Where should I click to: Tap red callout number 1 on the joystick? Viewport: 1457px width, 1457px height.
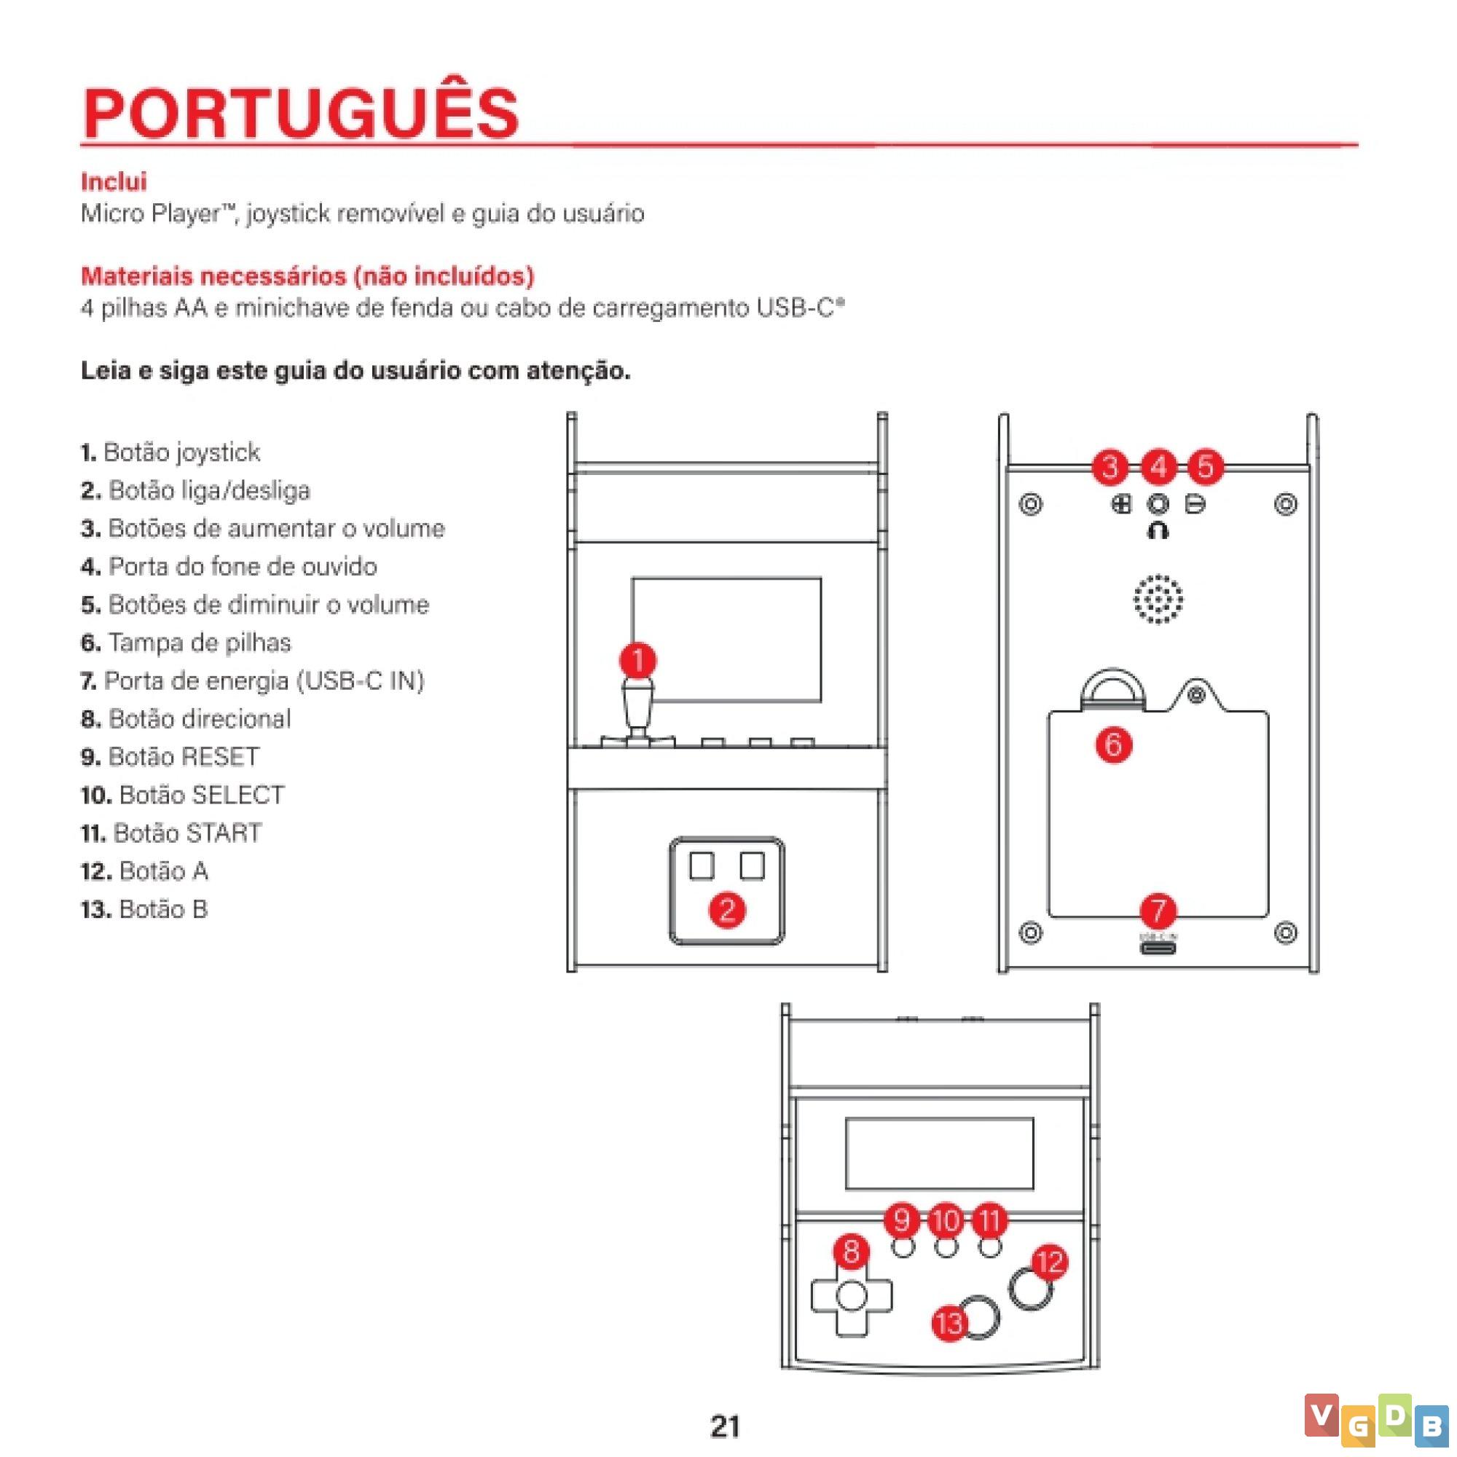point(638,661)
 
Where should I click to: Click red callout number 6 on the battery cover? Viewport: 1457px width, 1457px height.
point(1114,745)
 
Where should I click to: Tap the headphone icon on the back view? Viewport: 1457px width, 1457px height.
point(1158,531)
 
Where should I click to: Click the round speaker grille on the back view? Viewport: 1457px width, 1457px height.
point(1158,600)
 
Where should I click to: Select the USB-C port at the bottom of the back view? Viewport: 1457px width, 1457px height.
point(1158,948)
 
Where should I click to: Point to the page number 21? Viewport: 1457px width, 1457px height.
point(726,1426)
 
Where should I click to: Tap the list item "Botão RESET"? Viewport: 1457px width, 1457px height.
point(170,756)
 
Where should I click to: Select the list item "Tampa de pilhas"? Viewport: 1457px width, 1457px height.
point(186,643)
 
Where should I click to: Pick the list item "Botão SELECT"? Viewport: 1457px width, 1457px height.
point(184,795)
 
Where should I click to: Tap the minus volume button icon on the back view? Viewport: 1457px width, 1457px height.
point(1195,504)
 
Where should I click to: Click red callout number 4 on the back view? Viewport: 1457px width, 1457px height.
point(1159,468)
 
